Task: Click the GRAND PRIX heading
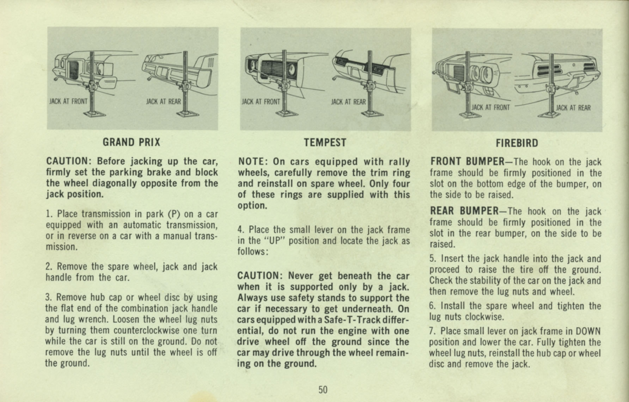[131, 142]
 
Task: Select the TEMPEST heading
[325, 143]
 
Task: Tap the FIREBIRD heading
[517, 143]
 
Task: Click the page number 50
[323, 390]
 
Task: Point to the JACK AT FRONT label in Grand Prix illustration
[68, 102]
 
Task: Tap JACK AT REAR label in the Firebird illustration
[573, 108]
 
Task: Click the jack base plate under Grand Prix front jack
[94, 114]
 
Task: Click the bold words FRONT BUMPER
[467, 162]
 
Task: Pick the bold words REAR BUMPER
[464, 211]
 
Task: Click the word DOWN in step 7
[588, 331]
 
